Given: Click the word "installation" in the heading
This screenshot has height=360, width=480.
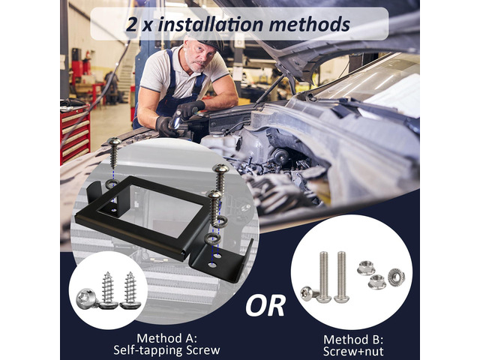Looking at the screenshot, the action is coord(210,25).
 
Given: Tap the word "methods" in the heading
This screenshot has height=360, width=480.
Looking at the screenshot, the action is coord(309,25).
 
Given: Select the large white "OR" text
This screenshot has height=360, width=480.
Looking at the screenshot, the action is coord(265,305).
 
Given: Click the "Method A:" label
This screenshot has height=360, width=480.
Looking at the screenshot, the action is coord(166,338).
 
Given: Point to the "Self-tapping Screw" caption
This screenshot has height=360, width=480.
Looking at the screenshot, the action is coord(166,350).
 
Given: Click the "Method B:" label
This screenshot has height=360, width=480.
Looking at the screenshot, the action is coord(353,340).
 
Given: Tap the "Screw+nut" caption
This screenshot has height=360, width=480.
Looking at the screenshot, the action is coord(353,352).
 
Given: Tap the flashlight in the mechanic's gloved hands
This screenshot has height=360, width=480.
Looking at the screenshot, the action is coord(178,119).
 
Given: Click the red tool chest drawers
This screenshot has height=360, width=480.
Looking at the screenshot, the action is coord(75,133).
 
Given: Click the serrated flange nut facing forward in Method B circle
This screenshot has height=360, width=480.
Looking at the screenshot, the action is coord(396,277).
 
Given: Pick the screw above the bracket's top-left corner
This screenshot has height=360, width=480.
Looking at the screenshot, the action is coord(114,152).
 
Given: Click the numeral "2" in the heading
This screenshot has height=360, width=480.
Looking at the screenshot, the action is coord(131,25).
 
